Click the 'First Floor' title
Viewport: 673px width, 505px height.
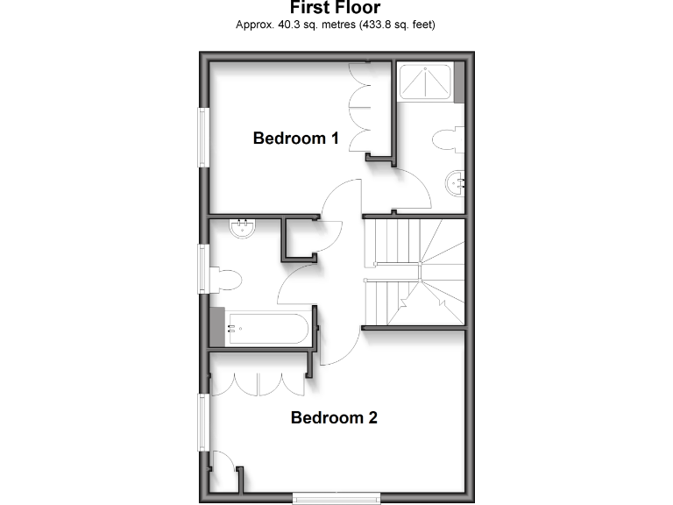click(336, 8)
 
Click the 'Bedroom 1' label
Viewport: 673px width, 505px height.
click(295, 138)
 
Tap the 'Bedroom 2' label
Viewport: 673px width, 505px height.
click(334, 417)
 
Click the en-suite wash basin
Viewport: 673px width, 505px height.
click(457, 183)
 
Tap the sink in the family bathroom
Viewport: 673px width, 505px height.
click(243, 229)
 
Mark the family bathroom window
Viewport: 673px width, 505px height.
click(204, 269)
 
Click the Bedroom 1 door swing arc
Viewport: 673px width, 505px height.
click(340, 198)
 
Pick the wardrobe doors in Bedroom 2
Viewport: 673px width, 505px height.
click(258, 384)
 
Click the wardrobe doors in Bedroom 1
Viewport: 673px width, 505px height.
click(359, 110)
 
